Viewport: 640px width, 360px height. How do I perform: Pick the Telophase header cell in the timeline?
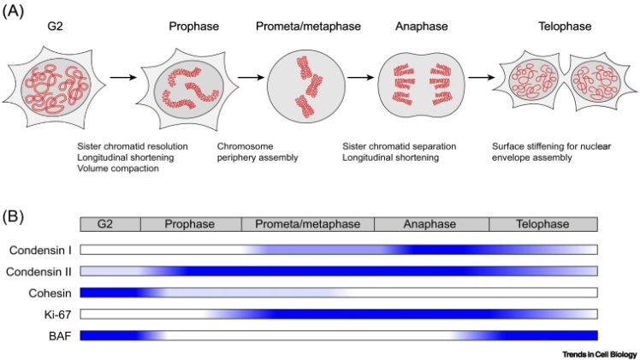[x=543, y=225]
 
